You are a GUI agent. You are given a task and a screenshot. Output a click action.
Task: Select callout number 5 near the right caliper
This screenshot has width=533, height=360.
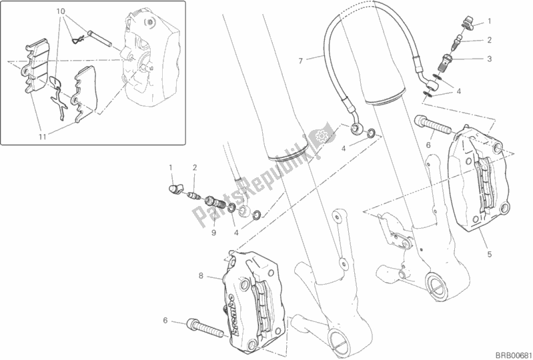click(x=489, y=253)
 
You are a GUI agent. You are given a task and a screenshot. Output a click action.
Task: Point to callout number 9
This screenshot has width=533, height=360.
click(x=214, y=233)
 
